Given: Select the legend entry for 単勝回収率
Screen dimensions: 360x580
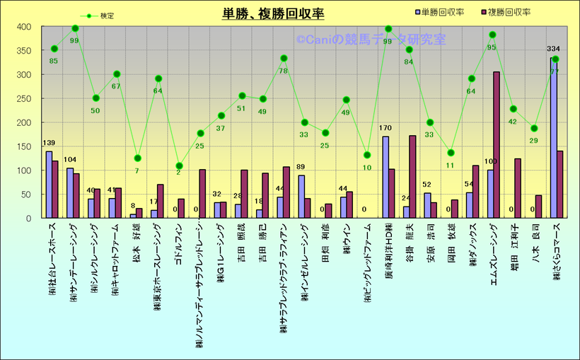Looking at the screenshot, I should pyautogui.click(x=441, y=12).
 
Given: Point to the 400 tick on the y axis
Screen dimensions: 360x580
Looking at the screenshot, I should pyautogui.click(x=25, y=27).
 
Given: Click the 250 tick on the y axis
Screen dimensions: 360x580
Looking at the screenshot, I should pyautogui.click(x=25, y=98).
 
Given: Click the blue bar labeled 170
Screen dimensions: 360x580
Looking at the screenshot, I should pyautogui.click(x=385, y=177).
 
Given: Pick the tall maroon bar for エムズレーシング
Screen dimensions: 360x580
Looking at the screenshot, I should pyautogui.click(x=497, y=145).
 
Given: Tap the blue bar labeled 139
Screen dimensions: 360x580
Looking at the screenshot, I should pyautogui.click(x=49, y=185).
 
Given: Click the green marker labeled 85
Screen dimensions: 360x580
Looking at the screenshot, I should pyautogui.click(x=54, y=49).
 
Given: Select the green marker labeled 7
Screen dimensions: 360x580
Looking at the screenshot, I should pyautogui.click(x=137, y=158).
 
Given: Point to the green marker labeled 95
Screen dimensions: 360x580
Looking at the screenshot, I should pyautogui.click(x=492, y=35).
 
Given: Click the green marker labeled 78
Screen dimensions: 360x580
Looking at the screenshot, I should pyautogui.click(x=284, y=58).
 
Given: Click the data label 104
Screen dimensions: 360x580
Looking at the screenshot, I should pyautogui.click(x=70, y=161).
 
